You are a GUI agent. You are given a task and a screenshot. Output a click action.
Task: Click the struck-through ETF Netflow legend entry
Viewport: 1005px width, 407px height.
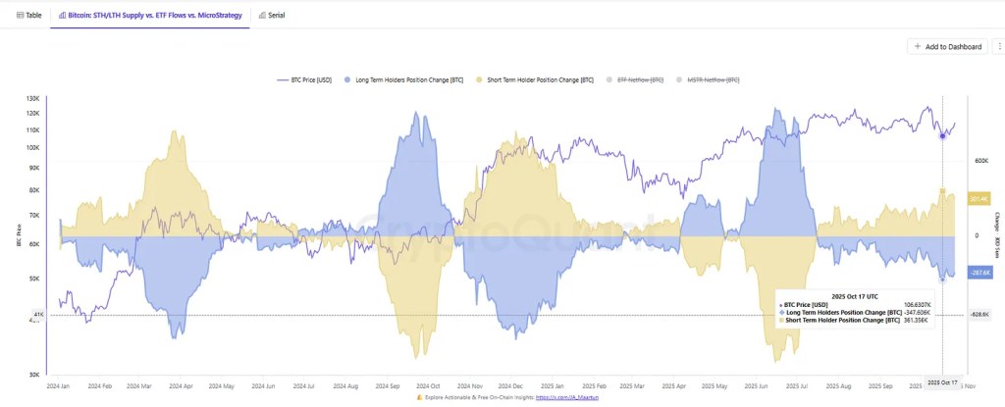(x=640, y=78)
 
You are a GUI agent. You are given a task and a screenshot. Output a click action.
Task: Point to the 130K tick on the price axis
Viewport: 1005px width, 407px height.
(x=32, y=99)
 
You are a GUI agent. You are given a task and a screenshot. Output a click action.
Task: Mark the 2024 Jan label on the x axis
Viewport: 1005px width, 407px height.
(x=60, y=385)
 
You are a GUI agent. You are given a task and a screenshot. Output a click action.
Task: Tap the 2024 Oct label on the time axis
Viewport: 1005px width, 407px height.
(x=429, y=385)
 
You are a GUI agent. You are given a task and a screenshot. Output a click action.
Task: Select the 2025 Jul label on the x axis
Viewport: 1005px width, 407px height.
(x=799, y=385)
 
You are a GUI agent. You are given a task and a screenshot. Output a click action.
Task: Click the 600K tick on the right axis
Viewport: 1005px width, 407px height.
(x=979, y=160)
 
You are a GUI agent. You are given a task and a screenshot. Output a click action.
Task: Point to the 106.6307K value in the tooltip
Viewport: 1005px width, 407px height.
(x=915, y=304)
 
